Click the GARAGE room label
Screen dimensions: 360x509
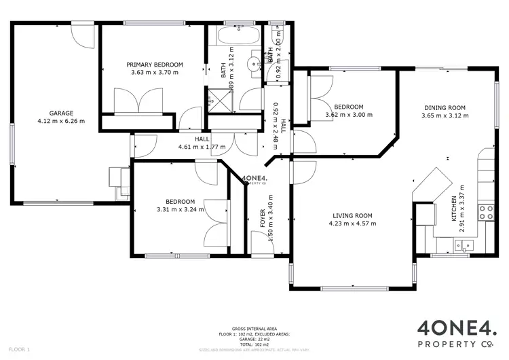pyautogui.click(x=60, y=113)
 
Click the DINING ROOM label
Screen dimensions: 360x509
pyautogui.click(x=445, y=107)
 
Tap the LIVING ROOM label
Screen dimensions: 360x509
pyautogui.click(x=352, y=215)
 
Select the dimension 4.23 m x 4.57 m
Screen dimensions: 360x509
pyautogui.click(x=352, y=223)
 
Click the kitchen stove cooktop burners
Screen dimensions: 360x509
pyautogui.click(x=486, y=212)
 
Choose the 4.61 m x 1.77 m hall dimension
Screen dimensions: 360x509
pyautogui.click(x=201, y=147)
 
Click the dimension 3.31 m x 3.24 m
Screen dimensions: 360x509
pyautogui.click(x=180, y=209)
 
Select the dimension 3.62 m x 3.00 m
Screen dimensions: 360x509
pyautogui.click(x=349, y=115)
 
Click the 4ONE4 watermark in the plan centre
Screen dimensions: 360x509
pyautogui.click(x=254, y=180)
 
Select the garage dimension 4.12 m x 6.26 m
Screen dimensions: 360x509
pyautogui.click(x=60, y=122)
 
